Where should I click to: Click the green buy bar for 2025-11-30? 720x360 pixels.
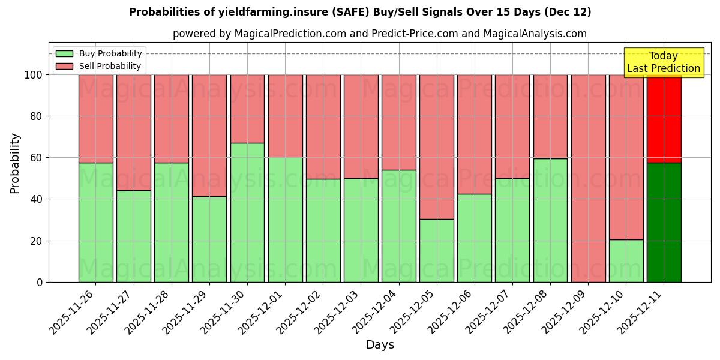(247, 212)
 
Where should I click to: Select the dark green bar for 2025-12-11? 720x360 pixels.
(664, 222)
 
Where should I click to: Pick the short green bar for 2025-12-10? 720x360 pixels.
(626, 261)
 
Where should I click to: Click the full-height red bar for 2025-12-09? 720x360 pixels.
(588, 178)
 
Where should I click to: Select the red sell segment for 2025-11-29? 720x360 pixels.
(209, 136)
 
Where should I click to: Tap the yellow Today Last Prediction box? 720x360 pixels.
(664, 62)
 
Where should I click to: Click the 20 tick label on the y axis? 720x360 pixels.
(37, 241)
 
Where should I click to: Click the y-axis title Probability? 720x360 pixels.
(15, 163)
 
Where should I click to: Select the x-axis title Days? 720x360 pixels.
(380, 345)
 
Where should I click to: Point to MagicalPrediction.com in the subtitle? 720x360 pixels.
(290, 34)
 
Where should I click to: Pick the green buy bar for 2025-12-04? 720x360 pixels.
(398, 226)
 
